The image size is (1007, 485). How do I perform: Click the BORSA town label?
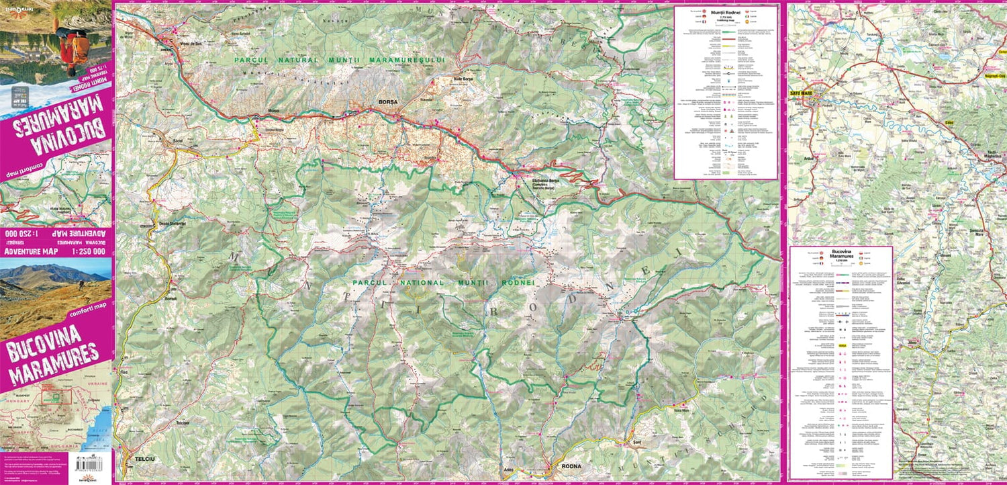[x=388, y=102]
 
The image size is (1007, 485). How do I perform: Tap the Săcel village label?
[x=178, y=142]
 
